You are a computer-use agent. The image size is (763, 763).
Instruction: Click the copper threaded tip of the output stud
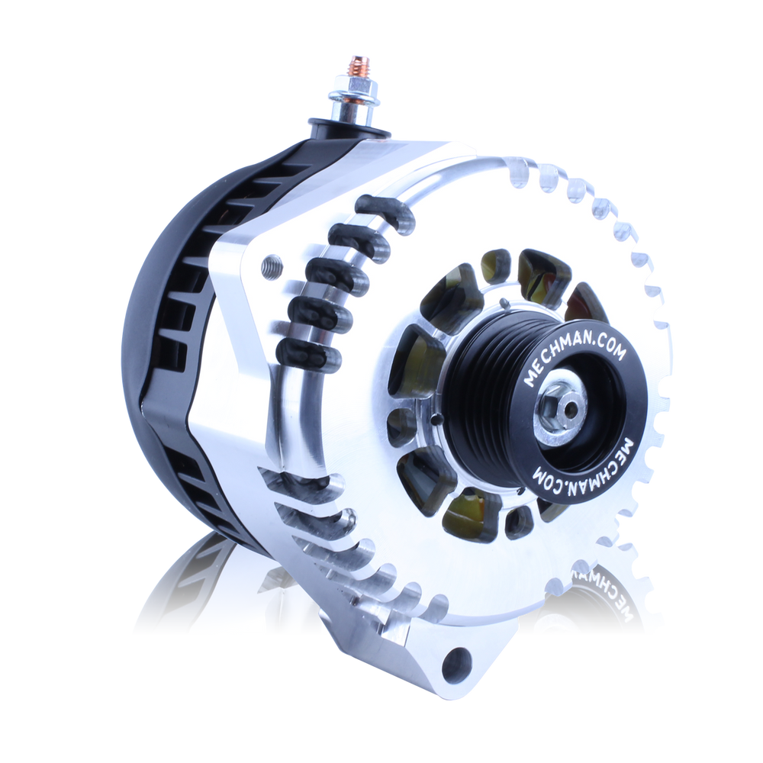click(356, 65)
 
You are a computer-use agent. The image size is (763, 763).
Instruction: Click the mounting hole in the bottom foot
click(459, 662)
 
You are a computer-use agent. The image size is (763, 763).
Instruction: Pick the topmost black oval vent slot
click(385, 214)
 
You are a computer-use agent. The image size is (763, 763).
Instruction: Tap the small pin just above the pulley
click(504, 305)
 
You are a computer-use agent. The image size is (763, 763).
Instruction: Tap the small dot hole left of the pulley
click(433, 418)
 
